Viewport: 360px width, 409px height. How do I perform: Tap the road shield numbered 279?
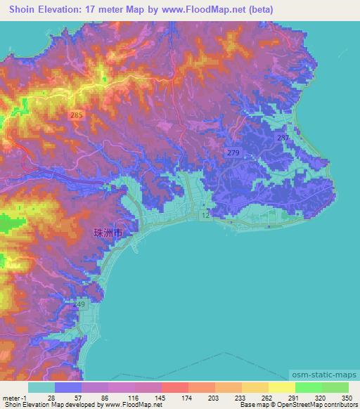[x=232, y=152]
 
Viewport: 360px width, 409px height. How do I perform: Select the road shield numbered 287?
[x=282, y=137]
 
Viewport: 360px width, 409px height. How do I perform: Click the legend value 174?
[x=186, y=397]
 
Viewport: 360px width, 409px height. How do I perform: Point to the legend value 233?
[x=239, y=397]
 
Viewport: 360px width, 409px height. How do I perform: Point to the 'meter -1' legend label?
[x=15, y=397]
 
